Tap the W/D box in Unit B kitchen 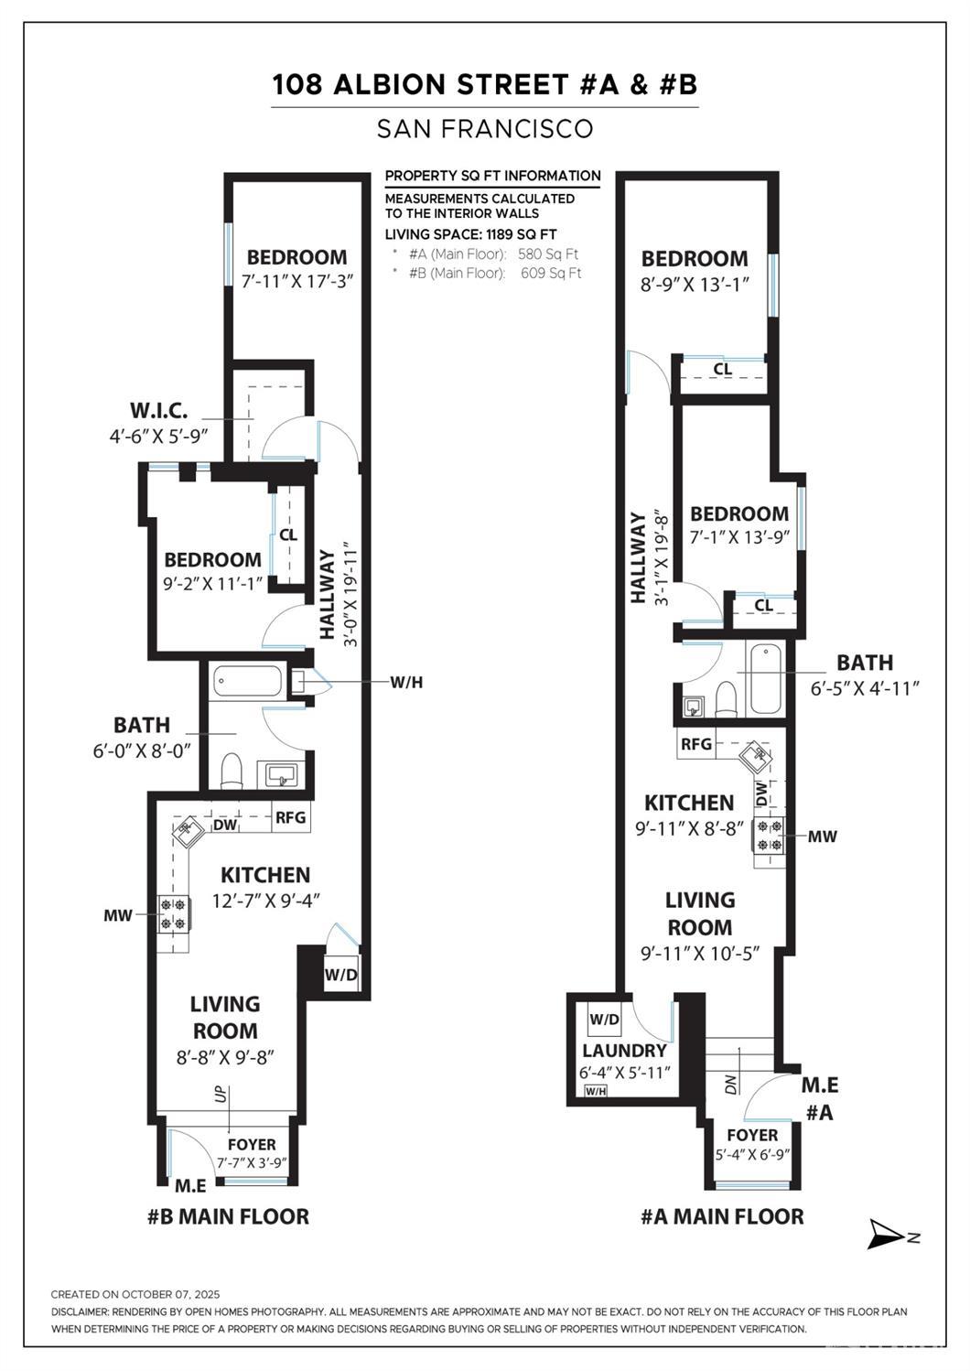point(340,975)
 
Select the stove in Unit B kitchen point(173,914)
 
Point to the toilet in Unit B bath point(232,771)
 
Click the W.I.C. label point(158,410)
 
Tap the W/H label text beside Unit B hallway point(406,682)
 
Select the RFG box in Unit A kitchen point(695,744)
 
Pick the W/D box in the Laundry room point(604,1019)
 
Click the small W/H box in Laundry point(595,1091)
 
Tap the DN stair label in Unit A point(730,1085)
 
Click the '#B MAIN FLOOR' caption point(228,1216)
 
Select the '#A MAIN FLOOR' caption point(722,1216)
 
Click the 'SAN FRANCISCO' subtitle point(485,129)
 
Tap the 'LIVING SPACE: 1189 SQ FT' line point(470,234)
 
